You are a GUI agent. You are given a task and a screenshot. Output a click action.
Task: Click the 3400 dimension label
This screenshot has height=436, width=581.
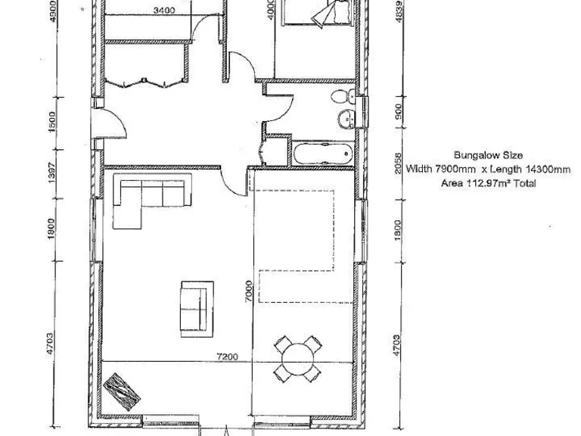click(x=163, y=11)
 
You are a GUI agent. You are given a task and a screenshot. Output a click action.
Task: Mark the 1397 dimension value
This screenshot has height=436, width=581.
click(x=51, y=176)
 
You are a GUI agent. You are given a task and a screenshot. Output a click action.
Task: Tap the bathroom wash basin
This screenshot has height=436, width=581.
click(x=347, y=119)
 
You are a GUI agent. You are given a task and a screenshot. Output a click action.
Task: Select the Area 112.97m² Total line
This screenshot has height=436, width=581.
click(x=488, y=183)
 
